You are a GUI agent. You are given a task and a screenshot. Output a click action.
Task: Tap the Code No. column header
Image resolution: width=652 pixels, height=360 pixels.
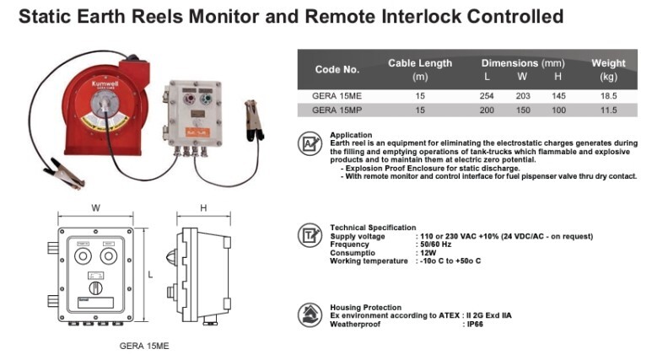(337, 69)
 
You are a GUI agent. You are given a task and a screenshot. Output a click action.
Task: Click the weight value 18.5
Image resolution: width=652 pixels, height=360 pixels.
(609, 96)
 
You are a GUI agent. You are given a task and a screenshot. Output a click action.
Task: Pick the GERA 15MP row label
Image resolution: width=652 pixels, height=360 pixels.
(337, 110)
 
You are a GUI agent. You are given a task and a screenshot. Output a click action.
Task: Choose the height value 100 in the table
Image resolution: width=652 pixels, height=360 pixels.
(558, 110)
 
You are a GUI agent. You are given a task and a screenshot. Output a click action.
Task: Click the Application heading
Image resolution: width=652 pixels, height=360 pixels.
(351, 135)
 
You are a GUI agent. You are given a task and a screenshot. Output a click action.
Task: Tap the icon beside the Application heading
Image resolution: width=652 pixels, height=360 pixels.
(310, 143)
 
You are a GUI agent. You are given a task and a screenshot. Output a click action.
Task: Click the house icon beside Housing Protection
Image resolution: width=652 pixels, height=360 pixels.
(310, 314)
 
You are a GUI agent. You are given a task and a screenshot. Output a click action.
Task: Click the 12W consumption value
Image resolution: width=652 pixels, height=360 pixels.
(428, 252)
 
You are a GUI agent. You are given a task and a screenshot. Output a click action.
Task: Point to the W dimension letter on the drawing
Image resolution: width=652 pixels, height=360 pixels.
(96, 207)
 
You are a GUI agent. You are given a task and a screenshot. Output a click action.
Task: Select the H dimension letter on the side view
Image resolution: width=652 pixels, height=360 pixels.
(204, 207)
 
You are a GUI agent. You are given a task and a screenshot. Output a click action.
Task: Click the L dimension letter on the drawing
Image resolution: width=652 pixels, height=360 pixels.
(150, 275)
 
